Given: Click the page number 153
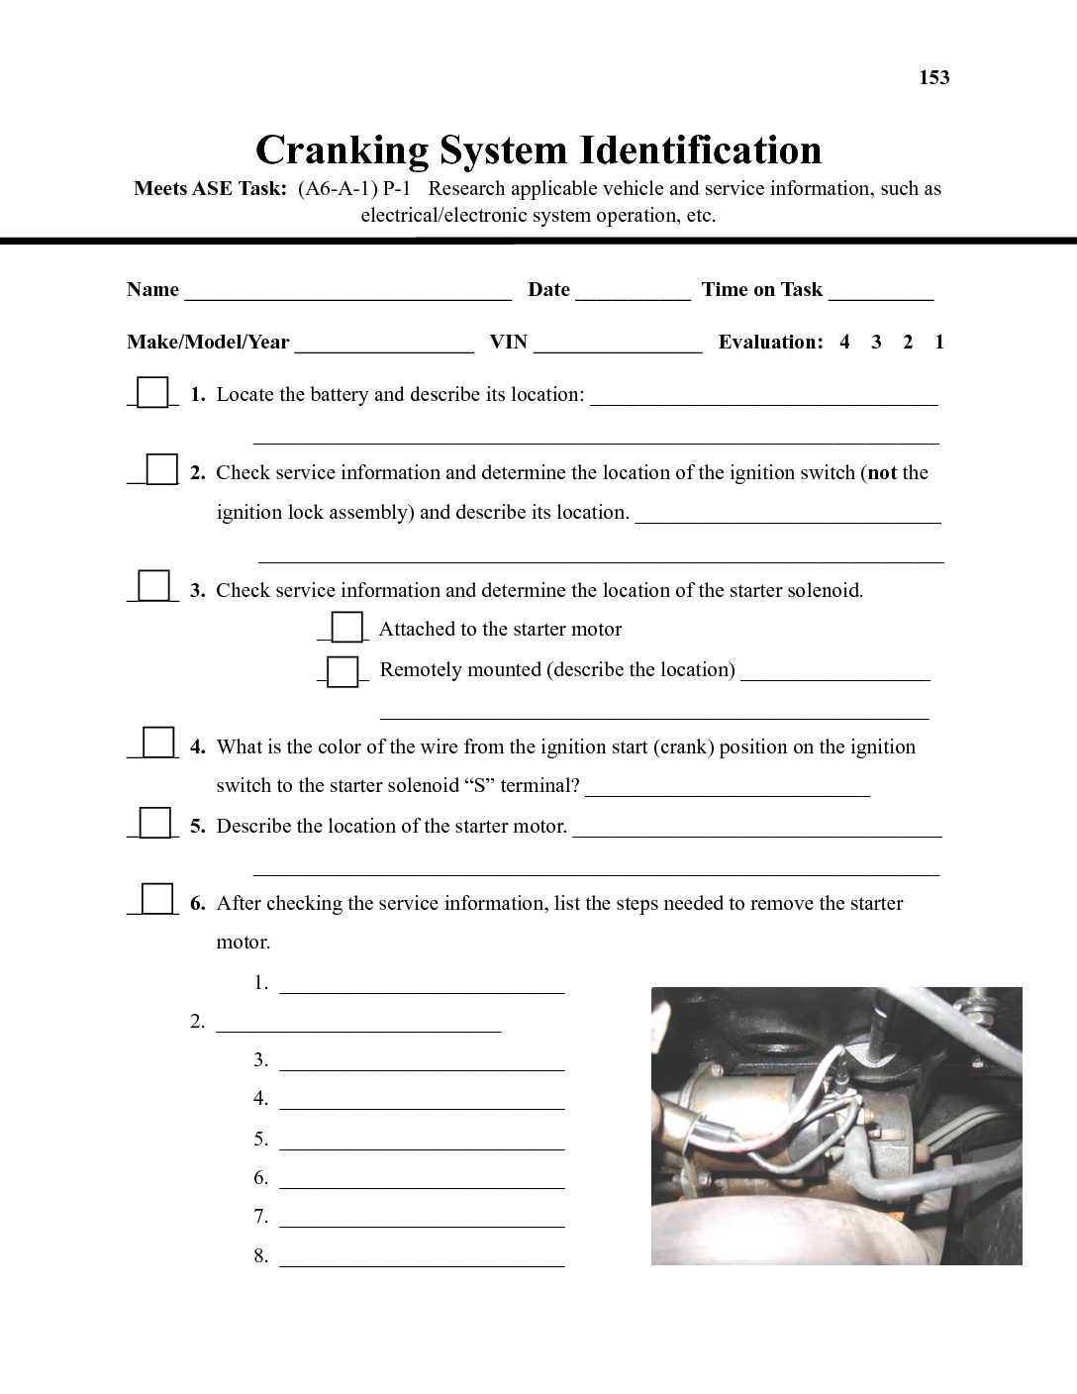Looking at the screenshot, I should click(x=933, y=77).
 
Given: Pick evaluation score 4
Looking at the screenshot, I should click(x=844, y=343).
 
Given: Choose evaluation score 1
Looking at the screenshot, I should click(x=939, y=343).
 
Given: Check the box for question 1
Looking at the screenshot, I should click(x=152, y=393).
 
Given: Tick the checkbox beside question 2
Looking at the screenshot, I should click(x=161, y=470).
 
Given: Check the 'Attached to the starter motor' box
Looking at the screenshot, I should click(x=346, y=629).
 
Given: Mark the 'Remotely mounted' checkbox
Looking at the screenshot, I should click(x=343, y=671).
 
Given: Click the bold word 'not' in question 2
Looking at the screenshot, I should click(x=882, y=473).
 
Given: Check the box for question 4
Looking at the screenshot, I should click(x=158, y=744).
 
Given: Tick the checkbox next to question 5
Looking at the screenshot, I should click(x=154, y=824).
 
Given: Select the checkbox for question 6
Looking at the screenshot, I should click(x=156, y=899).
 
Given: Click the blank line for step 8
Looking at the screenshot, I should click(x=422, y=1260).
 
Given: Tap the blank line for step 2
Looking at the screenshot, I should click(x=358, y=1027).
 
